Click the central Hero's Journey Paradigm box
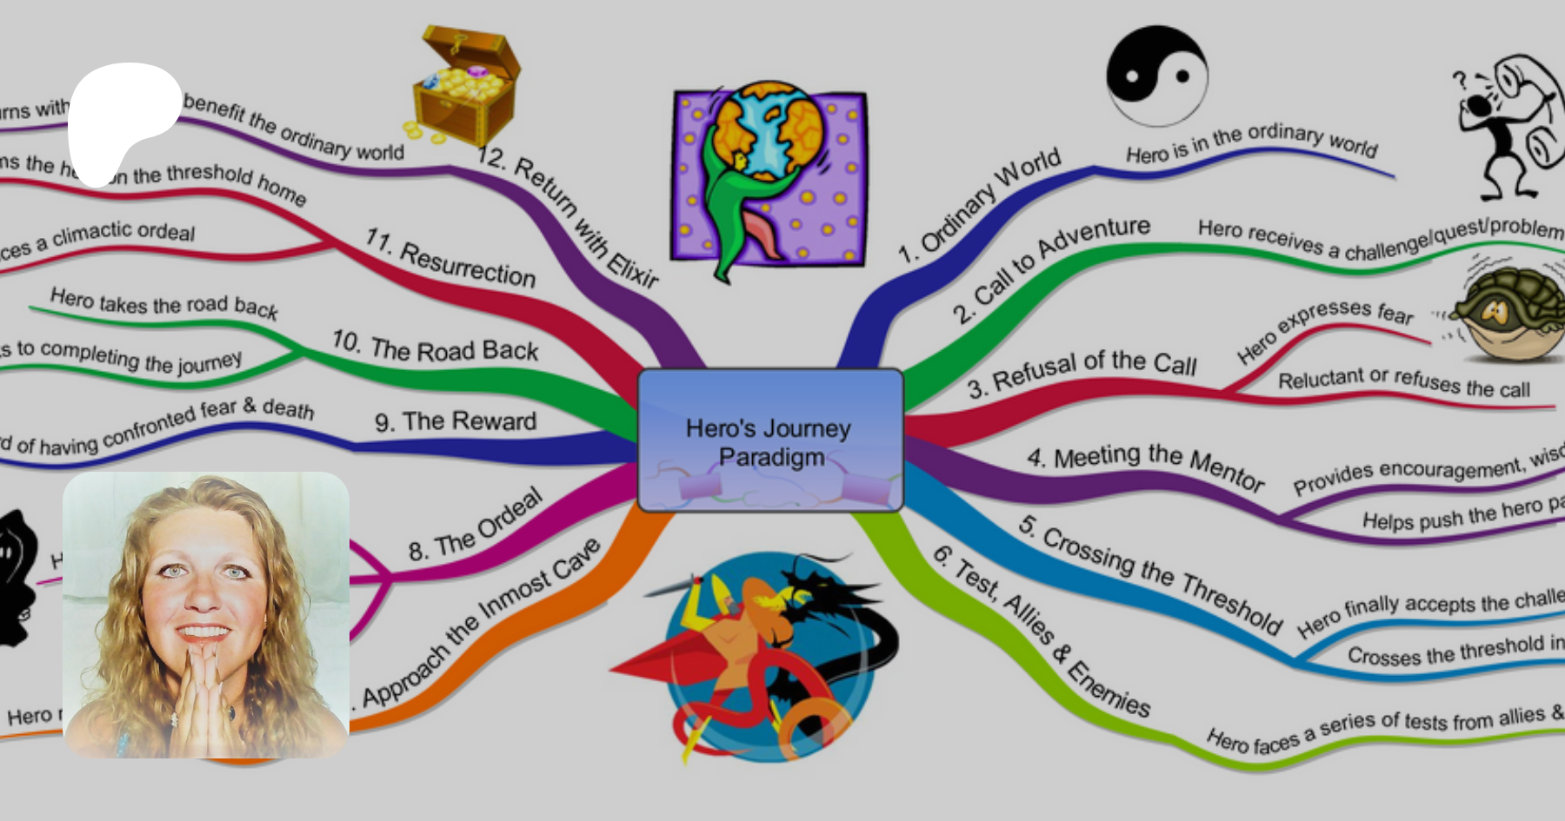(x=770, y=440)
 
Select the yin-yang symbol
(x=1156, y=76)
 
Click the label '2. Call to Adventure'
(x=1050, y=269)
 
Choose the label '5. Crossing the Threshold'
(x=1150, y=573)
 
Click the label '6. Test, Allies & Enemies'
(x=1042, y=631)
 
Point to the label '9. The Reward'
(x=456, y=422)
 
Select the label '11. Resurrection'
(x=450, y=258)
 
